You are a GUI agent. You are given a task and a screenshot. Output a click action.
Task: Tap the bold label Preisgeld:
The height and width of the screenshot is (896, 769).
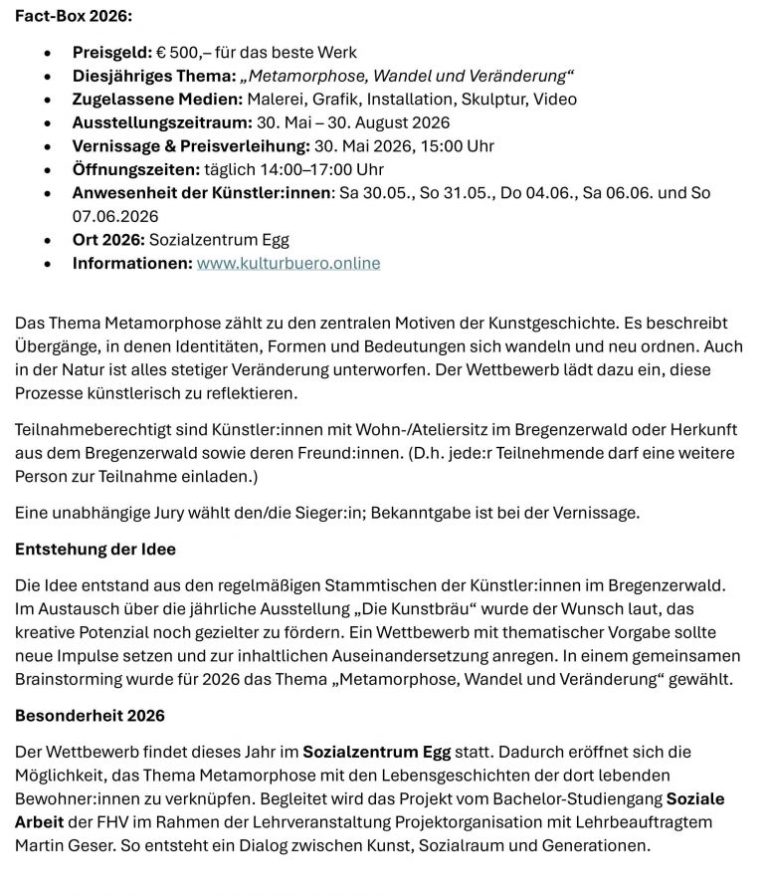point(111,52)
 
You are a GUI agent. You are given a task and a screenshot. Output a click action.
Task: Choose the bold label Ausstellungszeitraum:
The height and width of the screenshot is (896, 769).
point(159,122)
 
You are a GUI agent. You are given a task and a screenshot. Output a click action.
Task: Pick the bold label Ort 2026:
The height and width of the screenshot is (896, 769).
point(108,240)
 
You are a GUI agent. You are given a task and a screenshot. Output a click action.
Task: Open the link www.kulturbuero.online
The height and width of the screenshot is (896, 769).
point(288,264)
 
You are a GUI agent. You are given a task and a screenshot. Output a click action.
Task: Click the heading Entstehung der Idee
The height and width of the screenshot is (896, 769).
point(96,550)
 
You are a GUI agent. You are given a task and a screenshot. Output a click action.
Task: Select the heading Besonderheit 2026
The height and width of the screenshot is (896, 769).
point(90,716)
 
